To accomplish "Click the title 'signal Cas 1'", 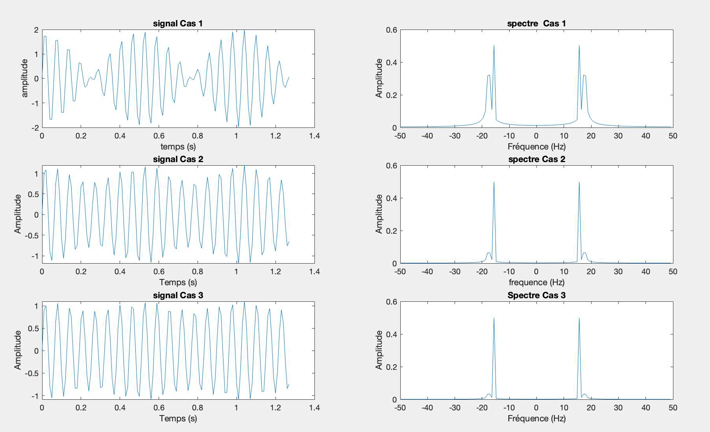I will coord(178,23).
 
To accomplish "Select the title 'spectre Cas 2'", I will coord(536,159).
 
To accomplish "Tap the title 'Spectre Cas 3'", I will coord(536,295).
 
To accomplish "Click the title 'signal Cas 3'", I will coord(178,295).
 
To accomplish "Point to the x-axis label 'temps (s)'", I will coord(178,147).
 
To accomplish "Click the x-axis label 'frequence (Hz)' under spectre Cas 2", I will coord(536,282).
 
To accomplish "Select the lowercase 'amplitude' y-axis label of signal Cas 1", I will coord(25,78).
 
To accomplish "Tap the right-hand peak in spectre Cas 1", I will coord(579,46).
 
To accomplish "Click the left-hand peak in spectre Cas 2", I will coord(494,182).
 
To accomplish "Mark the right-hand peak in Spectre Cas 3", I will coord(579,318).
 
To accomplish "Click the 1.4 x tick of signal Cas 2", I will coord(314,271).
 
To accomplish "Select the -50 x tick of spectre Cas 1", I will coord(400,136).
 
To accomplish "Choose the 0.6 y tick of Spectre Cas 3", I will coord(392,302).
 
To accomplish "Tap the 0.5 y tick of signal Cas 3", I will coord(34,329).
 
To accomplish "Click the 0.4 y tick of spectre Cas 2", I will coord(392,198).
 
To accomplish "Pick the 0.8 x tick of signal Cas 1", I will coord(198,136).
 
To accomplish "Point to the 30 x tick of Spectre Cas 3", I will coord(618,408).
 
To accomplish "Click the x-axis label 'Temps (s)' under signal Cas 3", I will coord(178,418).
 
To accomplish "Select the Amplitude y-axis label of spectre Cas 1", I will coord(379,78).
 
